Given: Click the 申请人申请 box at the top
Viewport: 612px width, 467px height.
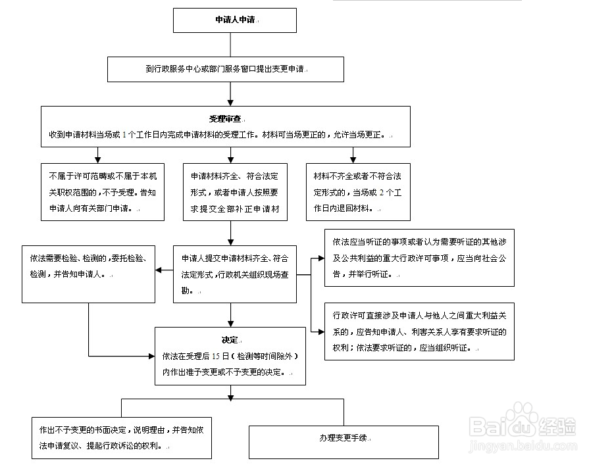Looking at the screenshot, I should click(234, 20).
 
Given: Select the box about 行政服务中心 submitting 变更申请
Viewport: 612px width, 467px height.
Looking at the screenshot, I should click(226, 69).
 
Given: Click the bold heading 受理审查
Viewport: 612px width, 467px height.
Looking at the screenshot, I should click(225, 119).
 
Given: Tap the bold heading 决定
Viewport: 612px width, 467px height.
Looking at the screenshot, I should click(230, 340).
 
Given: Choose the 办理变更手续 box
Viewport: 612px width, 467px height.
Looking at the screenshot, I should click(343, 441).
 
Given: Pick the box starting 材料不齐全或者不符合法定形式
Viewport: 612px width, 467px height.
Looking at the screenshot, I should click(357, 192).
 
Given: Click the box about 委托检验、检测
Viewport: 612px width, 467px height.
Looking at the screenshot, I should click(88, 274).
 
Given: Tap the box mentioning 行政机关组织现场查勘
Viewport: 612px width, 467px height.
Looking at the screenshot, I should click(234, 274).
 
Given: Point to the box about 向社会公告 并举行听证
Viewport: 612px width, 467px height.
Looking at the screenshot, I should click(419, 257).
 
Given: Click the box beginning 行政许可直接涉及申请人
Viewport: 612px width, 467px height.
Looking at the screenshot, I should click(419, 331).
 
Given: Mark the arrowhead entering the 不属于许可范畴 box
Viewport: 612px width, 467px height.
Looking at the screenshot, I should click(98, 160).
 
